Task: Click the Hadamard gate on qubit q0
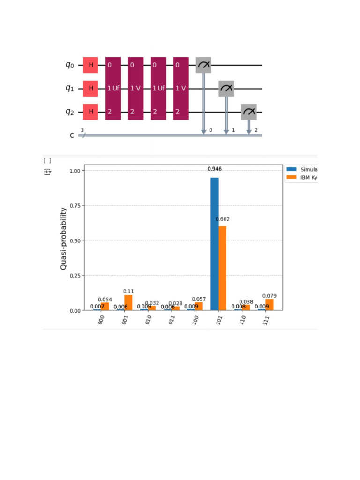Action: pos(91,65)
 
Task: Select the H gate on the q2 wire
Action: pos(91,112)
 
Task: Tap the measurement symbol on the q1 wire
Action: pos(226,88)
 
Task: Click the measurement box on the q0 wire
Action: pos(203,65)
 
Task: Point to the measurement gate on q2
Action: pos(249,112)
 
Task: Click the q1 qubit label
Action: pos(70,89)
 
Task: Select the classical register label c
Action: pos(72,135)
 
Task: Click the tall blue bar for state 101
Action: pos(215,244)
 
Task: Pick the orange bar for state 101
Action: pos(223,268)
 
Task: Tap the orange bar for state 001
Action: pos(128,302)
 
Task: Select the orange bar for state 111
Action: pos(270,305)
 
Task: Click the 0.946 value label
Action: pos(215,168)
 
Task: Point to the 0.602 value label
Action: pos(223,219)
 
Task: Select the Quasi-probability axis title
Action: pos(63,239)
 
